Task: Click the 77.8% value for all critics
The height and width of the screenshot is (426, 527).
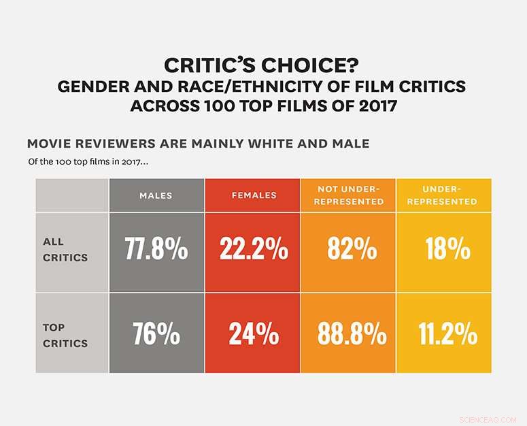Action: click(156, 250)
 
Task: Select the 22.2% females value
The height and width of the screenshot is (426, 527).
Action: click(253, 250)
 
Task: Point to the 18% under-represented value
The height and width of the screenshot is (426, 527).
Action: click(448, 250)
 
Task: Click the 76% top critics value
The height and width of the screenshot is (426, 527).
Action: click(156, 335)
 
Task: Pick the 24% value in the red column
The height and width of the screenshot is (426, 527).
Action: click(253, 335)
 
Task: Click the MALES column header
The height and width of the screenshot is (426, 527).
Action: click(156, 195)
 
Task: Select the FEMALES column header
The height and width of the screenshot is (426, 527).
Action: click(252, 195)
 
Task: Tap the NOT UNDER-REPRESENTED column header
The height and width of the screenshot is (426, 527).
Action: click(350, 195)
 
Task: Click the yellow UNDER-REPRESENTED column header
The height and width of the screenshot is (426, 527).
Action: click(449, 195)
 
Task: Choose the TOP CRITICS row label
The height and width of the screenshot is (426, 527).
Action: click(65, 335)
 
